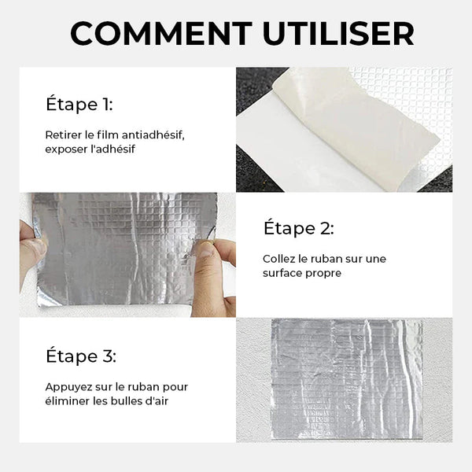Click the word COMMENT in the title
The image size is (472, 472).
pos(161,33)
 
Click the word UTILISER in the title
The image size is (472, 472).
pos(338,33)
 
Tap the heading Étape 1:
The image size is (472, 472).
pos(79,104)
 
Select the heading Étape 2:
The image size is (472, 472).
pos(299,228)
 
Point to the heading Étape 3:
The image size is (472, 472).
pos(81,356)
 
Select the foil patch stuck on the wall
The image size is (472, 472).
pos(347,379)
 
